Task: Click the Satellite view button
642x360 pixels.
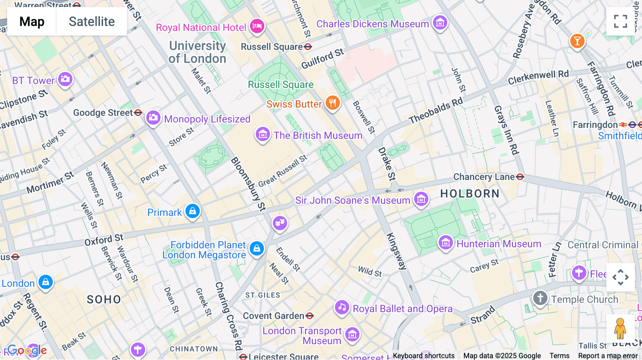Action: [92, 21]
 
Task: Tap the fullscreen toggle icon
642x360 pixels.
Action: [620, 21]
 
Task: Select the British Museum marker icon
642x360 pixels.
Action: [263, 134]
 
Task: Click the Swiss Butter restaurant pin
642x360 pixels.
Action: [332, 103]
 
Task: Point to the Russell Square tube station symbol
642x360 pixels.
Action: [308, 47]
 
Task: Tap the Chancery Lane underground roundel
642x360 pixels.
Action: [520, 177]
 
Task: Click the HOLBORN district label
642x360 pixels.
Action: [470, 194]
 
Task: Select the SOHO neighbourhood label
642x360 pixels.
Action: [104, 299]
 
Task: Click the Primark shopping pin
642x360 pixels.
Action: [193, 211]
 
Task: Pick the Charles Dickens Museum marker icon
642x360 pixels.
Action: [440, 23]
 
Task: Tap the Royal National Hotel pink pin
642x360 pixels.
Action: [257, 26]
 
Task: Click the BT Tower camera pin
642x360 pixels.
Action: [65, 79]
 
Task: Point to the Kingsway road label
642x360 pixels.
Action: [396, 251]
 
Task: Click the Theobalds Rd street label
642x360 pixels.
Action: [435, 111]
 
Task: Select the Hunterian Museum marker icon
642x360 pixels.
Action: [445, 243]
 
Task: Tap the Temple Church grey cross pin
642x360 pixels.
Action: [540, 298]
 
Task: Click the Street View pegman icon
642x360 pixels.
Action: [620, 329]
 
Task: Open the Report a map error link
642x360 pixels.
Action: [608, 356]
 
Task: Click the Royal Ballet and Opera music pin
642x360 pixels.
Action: [342, 307]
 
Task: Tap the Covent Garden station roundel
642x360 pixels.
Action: [310, 316]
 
